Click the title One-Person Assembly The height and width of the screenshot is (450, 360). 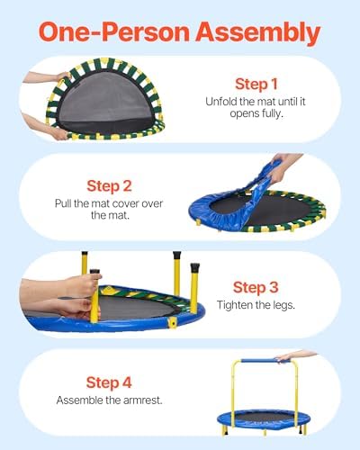coord(180,32)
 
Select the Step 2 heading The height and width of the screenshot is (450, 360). coord(110,187)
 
